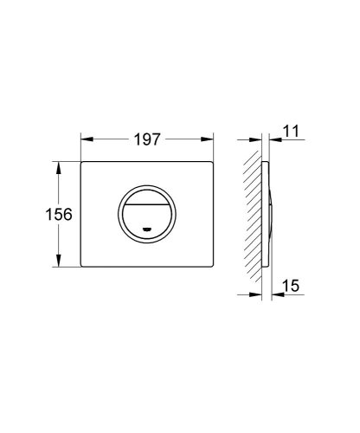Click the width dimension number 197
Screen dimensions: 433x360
tap(148, 137)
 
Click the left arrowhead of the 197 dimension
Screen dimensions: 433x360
tap(86, 137)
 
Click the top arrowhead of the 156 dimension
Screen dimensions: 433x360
tap(59, 165)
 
